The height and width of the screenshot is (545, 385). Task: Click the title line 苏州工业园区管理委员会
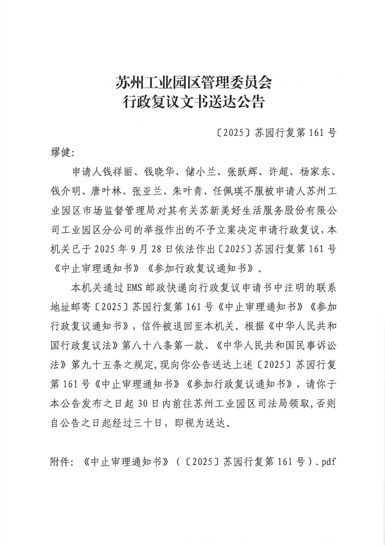coord(193,82)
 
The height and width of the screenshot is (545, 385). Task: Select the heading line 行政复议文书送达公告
coord(193,102)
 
